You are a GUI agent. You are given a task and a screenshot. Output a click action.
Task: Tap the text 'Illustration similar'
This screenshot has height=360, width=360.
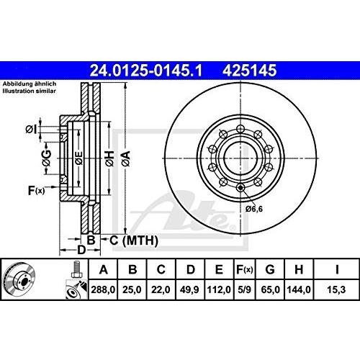point(28,92)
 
